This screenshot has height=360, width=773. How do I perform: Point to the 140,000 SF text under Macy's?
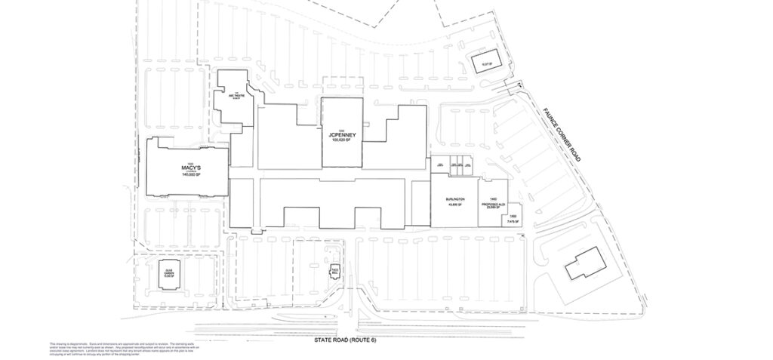click(x=184, y=175)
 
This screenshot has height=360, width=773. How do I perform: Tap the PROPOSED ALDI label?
click(x=492, y=203)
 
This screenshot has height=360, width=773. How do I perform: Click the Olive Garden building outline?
click(x=169, y=272)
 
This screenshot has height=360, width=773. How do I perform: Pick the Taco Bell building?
click(x=333, y=272)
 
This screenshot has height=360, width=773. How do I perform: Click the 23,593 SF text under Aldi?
click(x=492, y=208)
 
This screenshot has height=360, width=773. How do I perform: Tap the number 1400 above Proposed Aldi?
click(x=492, y=198)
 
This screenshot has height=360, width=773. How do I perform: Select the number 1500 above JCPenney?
click(x=341, y=130)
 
